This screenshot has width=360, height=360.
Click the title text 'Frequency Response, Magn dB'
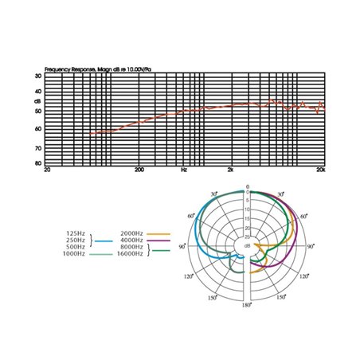[x=80, y=70]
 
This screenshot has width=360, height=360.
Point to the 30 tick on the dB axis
[x=37, y=76]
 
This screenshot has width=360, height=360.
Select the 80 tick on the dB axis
[x=37, y=163]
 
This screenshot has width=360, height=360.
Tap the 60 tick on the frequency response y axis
[x=37, y=128]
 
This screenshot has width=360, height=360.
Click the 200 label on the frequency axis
[x=139, y=170]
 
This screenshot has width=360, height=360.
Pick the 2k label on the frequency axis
[x=231, y=170]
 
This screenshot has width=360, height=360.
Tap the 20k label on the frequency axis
[x=320, y=170]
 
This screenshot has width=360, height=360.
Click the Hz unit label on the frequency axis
[x=184, y=170]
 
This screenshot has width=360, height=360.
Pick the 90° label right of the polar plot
[x=311, y=247]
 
